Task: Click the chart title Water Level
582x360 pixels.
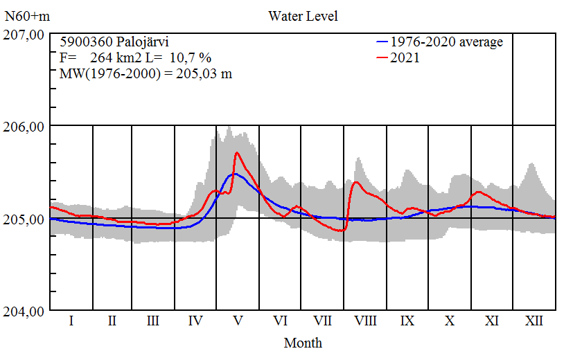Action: (303, 16)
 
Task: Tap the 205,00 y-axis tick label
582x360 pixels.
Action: (25, 219)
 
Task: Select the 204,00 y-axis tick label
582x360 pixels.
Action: (25, 312)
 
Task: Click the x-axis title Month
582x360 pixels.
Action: (303, 343)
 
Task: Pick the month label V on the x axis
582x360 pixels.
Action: (238, 321)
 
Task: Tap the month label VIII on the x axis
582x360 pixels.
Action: (365, 321)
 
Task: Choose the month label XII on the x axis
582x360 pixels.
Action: (533, 321)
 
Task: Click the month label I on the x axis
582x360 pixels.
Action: (71, 321)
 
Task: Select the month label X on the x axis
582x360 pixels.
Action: (450, 321)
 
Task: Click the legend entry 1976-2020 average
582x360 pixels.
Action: (446, 42)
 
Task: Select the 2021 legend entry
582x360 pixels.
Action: (405, 58)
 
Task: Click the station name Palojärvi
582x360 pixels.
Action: (139, 42)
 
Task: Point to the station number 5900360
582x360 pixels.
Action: (84, 42)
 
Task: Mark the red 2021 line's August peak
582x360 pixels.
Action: (356, 182)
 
